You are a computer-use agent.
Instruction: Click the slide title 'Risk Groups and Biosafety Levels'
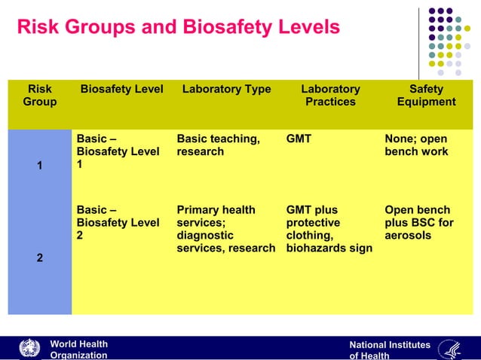tap(178, 28)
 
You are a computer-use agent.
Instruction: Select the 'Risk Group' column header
tap(39, 95)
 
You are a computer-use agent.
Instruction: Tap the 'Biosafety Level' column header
tap(121, 89)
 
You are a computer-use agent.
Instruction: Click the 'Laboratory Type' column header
tap(226, 89)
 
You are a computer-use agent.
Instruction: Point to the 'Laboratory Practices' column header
tap(330, 95)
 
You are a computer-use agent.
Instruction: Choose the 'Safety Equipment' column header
tap(426, 95)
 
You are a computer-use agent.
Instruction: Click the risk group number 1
tap(39, 165)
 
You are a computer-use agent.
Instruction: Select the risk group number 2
tap(39, 258)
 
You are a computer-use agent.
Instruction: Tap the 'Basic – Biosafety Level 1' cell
tap(118, 151)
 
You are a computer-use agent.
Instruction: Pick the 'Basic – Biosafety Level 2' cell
tap(118, 222)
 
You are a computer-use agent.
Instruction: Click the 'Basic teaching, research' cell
tap(218, 145)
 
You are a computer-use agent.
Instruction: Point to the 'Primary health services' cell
tap(225, 229)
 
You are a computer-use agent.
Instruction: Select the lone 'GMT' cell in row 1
tap(299, 139)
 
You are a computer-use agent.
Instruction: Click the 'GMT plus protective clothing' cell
tap(329, 229)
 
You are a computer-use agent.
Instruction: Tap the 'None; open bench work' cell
tap(415, 145)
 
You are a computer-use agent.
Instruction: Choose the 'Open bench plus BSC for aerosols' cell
tap(418, 222)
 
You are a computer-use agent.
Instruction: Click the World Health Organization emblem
tap(29, 349)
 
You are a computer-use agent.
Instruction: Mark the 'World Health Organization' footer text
tap(78, 349)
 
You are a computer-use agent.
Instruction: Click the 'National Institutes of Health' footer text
tap(389, 350)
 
